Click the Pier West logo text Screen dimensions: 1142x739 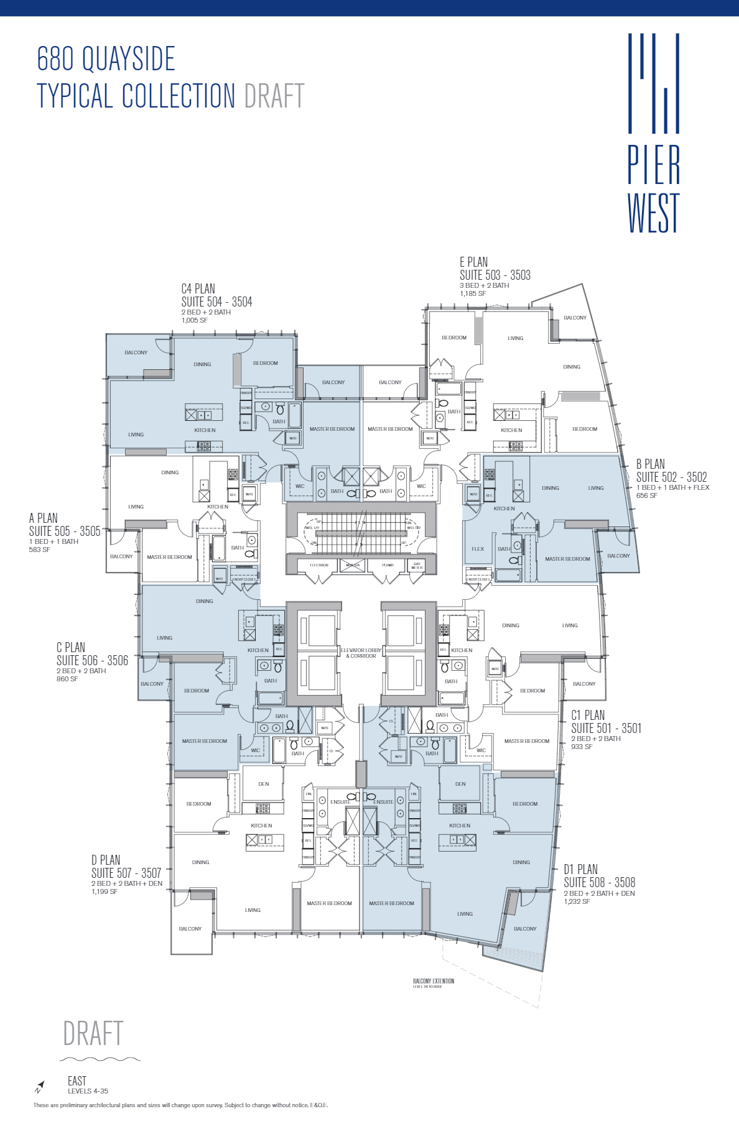pos(653,189)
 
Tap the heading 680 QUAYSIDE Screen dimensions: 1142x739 pos(106,59)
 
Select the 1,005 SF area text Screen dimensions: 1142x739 pos(195,321)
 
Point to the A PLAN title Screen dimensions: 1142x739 pos(43,518)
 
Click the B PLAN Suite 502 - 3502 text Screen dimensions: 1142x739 pos(671,477)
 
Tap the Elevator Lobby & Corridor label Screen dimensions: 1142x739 pos(361,653)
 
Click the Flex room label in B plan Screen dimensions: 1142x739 pos(478,549)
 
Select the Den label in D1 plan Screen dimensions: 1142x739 pos(460,784)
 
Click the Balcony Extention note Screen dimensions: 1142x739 pos(434,981)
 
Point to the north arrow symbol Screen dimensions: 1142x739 pos(39,1087)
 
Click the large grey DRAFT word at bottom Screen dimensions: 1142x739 pos(93,1033)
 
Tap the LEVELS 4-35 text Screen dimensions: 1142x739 pos(88,1091)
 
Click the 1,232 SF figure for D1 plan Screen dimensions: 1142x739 pos(577,901)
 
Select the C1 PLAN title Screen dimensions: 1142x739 pos(588,715)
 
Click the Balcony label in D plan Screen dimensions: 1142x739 pos(190,929)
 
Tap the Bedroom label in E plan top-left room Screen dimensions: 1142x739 pos(454,338)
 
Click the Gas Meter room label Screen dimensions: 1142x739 pos(417,566)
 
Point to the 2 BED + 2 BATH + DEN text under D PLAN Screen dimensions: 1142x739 pos(127,883)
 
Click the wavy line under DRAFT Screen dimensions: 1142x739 pos(100,1059)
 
